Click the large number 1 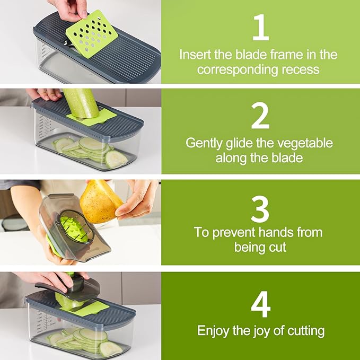(260, 29)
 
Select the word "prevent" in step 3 (236, 232)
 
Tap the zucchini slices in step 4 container (85, 339)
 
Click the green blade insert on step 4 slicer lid (90, 309)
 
